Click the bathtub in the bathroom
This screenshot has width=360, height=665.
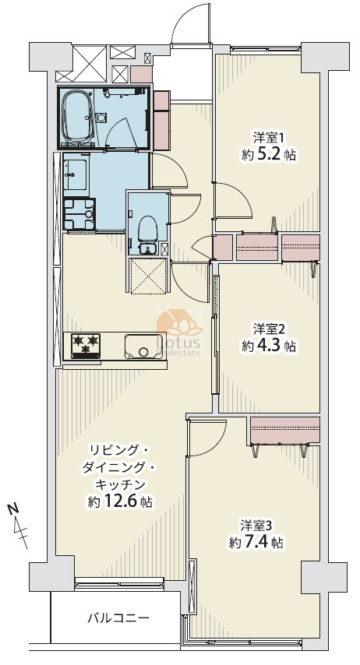pyautogui.click(x=78, y=118)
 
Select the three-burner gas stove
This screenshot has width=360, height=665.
pyautogui.click(x=86, y=346)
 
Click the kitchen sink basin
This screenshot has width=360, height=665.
pyautogui.click(x=143, y=347)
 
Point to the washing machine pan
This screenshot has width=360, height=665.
pyautogui.click(x=79, y=213)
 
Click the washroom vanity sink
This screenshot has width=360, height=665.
pyautogui.click(x=76, y=174)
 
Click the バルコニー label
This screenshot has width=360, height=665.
pyautogui.click(x=118, y=617)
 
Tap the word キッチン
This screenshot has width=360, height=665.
pyautogui.click(x=121, y=484)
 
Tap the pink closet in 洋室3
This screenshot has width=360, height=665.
pyautogui.click(x=285, y=430)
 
